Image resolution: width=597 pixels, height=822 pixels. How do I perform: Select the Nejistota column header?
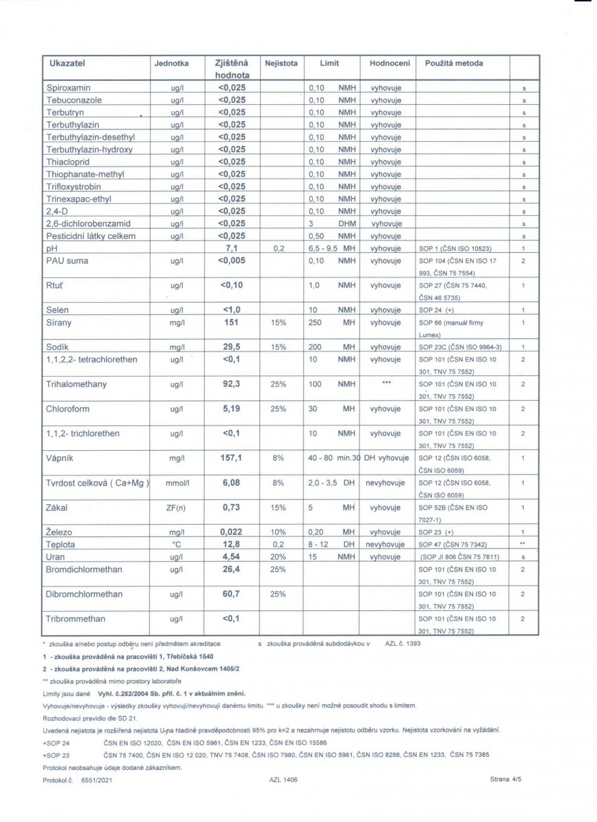[281, 63]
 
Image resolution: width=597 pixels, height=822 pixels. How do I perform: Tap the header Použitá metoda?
[454, 63]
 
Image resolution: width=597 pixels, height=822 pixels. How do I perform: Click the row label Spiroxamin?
[68, 88]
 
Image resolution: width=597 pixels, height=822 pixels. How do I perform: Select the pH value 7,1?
[231, 248]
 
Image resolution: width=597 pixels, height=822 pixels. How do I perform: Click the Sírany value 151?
[231, 323]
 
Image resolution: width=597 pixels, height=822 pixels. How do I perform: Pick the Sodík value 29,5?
[231, 347]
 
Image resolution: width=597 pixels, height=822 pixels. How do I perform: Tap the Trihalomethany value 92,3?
[231, 384]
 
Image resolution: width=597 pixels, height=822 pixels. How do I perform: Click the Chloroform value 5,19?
[231, 409]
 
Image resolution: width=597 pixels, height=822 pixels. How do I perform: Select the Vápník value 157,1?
[231, 458]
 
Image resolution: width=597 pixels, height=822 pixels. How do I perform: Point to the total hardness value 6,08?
[231, 483]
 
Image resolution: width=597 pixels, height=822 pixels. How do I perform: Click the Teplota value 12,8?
[231, 545]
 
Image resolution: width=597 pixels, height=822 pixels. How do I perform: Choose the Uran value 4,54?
[231, 557]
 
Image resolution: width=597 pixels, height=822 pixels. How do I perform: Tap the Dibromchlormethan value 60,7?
[231, 594]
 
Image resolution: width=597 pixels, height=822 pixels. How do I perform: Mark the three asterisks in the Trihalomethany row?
[386, 384]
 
